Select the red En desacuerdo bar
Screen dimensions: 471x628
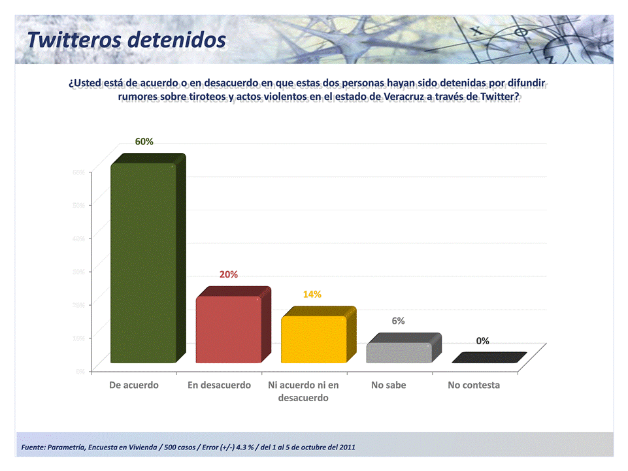[229, 329]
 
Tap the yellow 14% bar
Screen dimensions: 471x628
[314, 339]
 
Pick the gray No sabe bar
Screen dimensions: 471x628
[399, 353]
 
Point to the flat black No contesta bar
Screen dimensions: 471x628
[489, 357]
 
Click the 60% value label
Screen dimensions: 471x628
[144, 142]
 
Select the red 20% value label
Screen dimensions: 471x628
[229, 274]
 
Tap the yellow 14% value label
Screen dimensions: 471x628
[312, 295]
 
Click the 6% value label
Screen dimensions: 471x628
[398, 321]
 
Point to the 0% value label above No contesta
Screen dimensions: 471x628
[483, 341]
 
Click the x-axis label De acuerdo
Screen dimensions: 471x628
[134, 385]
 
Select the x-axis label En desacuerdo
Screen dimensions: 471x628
[219, 385]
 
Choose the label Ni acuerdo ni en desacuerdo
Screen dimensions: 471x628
[304, 391]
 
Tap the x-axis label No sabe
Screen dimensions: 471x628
[389, 385]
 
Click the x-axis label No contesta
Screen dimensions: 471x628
[474, 385]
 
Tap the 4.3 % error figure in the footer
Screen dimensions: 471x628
[246, 447]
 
